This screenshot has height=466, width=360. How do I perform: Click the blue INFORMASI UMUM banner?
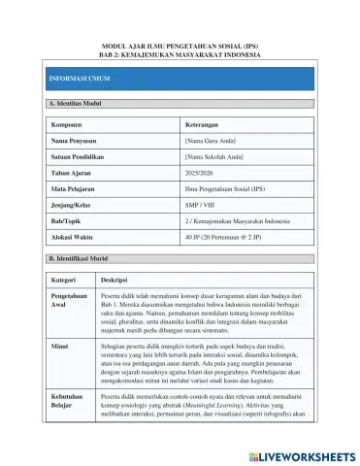point(180,75)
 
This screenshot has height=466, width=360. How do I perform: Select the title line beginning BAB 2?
point(180,54)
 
